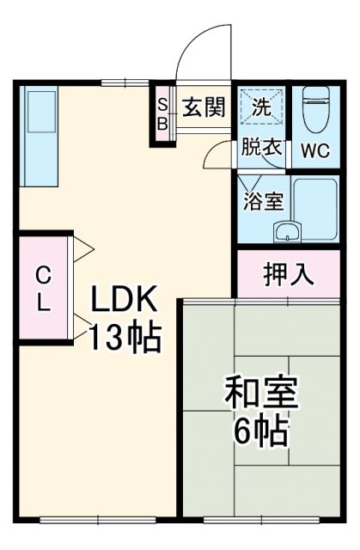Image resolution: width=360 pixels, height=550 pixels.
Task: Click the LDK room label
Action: coord(125,301)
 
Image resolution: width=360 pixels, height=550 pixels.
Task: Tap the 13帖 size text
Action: coord(125,338)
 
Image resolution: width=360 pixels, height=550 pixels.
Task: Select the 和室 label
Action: coord(261,394)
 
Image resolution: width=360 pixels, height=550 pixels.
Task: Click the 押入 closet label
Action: coord(287,275)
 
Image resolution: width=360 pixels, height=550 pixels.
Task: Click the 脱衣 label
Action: coord(261,147)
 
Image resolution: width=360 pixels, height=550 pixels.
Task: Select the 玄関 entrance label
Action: coord(204,108)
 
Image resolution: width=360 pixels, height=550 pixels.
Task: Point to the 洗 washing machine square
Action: coord(261,108)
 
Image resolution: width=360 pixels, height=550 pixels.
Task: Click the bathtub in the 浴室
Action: coord(315,210)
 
